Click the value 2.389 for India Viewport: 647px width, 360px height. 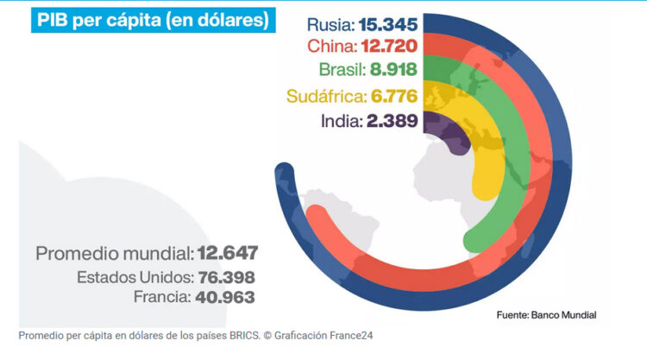[392, 122]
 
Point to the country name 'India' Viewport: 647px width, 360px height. [340, 122]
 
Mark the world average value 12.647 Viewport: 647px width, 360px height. [228, 255]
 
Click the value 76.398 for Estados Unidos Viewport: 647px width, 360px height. [229, 278]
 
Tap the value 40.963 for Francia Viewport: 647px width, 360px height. [229, 297]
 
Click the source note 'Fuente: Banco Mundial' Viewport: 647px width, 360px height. [546, 315]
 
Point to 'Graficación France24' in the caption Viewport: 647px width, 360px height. [328, 335]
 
